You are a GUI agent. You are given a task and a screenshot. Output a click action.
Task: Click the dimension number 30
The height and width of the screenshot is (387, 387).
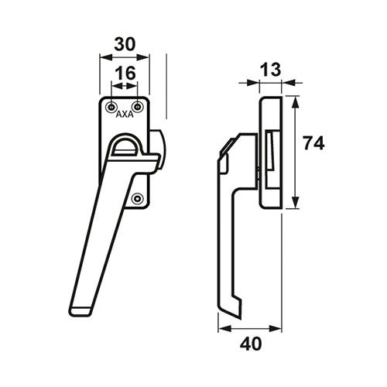[x=125, y=44]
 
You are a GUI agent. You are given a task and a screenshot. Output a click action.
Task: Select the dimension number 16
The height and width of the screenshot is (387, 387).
[x=125, y=73]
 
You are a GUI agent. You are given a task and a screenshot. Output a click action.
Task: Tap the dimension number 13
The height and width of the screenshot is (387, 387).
[x=270, y=70]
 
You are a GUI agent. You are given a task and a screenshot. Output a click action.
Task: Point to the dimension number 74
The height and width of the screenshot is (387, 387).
[x=313, y=143]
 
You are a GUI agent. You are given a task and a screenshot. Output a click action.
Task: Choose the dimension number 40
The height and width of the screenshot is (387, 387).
[x=251, y=344]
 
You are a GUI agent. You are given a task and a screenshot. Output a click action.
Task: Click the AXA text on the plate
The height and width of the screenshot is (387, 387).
[x=125, y=115]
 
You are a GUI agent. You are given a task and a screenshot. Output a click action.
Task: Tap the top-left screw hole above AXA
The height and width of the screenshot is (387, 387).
[x=111, y=107]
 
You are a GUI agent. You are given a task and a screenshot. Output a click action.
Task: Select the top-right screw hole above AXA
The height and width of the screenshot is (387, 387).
[x=138, y=107]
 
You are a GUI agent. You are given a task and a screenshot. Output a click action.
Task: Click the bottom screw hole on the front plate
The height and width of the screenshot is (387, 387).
[x=137, y=199]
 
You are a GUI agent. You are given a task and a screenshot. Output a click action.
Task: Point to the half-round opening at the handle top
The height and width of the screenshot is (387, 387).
[x=126, y=146]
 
